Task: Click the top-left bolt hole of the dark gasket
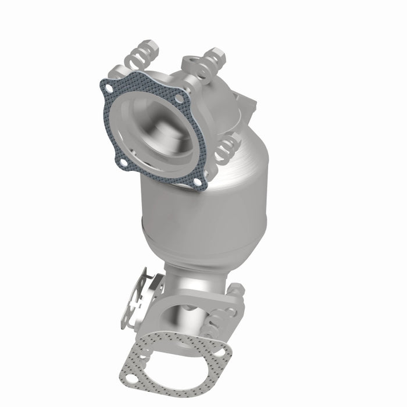click(x=109, y=88)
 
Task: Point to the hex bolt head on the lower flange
click(x=237, y=289)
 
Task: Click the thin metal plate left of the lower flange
click(x=137, y=302)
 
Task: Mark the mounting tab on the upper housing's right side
click(x=249, y=105)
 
